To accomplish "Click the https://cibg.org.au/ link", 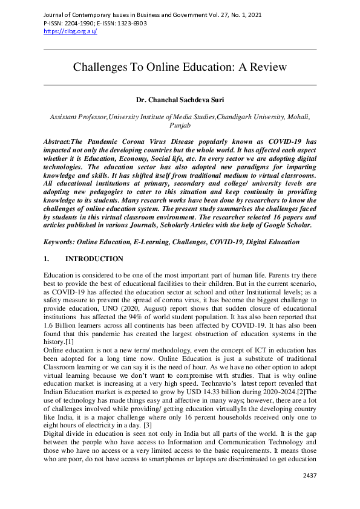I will [70, 31].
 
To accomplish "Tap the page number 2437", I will [309, 475].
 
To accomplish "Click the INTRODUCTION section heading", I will [94, 259].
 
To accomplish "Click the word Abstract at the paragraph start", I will [57, 141].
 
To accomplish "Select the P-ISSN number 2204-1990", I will [77, 24].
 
